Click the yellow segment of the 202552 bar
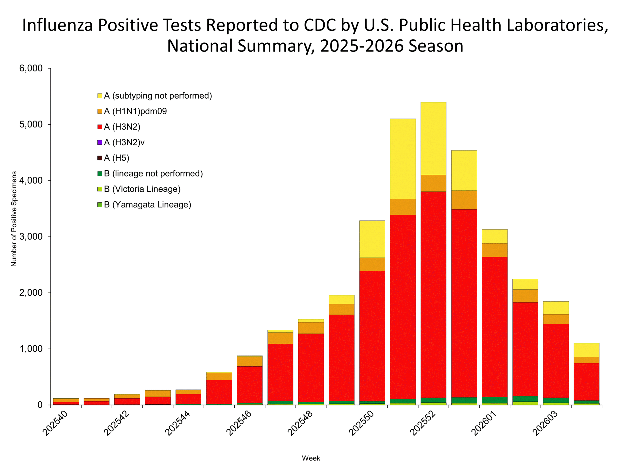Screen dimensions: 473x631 click(433, 138)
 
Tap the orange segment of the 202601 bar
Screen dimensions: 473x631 click(495, 250)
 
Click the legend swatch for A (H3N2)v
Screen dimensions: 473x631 click(100, 142)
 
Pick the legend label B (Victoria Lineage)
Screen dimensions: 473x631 click(142, 189)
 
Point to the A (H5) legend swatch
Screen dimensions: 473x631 click(100, 158)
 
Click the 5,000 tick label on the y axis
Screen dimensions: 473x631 click(31, 125)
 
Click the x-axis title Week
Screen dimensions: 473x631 click(311, 458)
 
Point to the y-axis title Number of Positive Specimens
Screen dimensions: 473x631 click(14, 219)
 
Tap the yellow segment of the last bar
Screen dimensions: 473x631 click(586, 350)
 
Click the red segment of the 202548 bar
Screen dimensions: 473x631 click(311, 368)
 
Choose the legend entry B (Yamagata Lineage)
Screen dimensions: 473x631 click(147, 205)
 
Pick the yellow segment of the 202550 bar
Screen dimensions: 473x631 click(372, 239)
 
